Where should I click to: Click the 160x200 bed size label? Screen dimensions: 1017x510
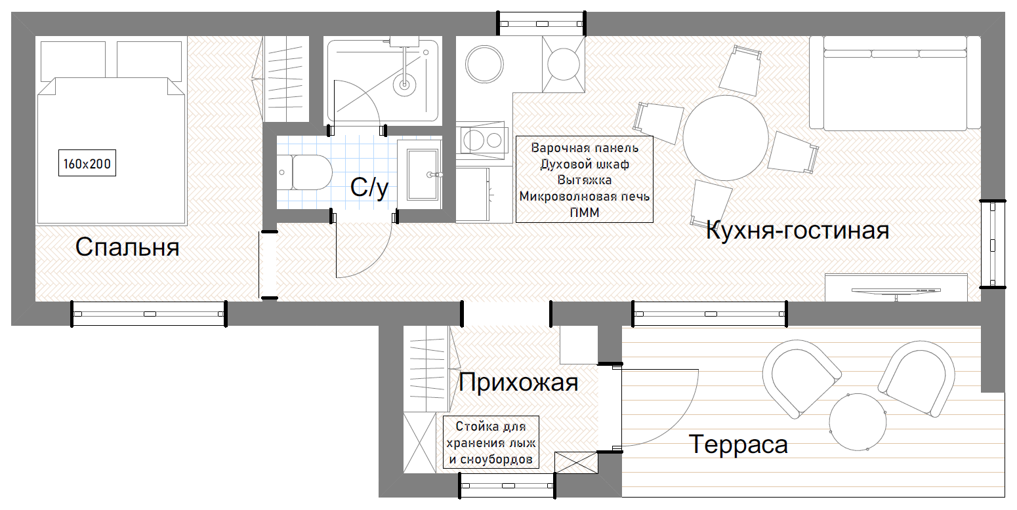click(x=87, y=163)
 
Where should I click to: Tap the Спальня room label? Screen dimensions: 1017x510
click(x=127, y=247)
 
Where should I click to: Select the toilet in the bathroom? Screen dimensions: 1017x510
click(x=305, y=172)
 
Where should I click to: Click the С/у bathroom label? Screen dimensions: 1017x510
click(x=369, y=187)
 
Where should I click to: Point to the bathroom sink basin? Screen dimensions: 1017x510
click(x=423, y=174)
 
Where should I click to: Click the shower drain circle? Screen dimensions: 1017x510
click(x=404, y=84)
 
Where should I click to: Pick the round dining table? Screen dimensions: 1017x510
click(x=726, y=138)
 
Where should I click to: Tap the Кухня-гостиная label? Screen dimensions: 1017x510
click(x=798, y=230)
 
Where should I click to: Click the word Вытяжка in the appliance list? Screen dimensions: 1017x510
click(x=585, y=180)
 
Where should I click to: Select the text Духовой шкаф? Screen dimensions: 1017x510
click(x=585, y=164)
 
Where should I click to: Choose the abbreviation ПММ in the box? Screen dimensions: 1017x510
click(x=585, y=212)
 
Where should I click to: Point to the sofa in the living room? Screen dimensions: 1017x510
click(x=895, y=83)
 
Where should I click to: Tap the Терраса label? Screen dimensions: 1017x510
click(x=738, y=444)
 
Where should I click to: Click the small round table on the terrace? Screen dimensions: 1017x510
click(x=858, y=422)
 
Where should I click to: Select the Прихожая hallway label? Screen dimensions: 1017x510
click(x=518, y=382)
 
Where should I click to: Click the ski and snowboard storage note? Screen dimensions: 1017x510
click(x=491, y=442)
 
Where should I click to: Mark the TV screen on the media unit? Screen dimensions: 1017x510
click(x=896, y=291)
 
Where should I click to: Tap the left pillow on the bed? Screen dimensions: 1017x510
click(x=73, y=61)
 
